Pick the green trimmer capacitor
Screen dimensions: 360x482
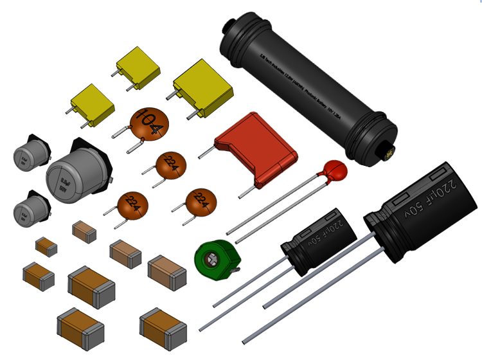pos(217,260)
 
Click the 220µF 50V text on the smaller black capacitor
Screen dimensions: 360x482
pos(329,231)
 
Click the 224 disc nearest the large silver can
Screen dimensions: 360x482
pos(132,205)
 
